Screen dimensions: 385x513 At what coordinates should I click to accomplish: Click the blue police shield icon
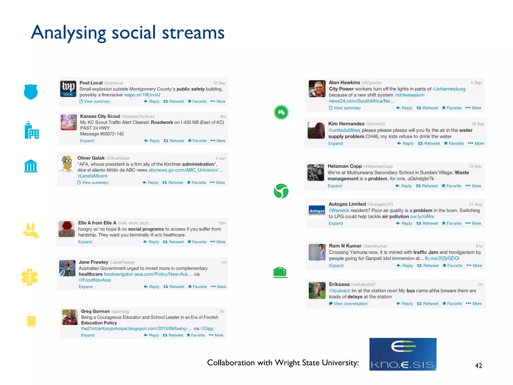pyautogui.click(x=31, y=92)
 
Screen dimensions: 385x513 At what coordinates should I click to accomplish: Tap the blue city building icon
pyautogui.click(x=32, y=130)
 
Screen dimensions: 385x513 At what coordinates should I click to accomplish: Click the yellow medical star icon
pyautogui.click(x=30, y=277)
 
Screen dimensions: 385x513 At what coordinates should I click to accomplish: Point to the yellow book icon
pyautogui.click(x=31, y=321)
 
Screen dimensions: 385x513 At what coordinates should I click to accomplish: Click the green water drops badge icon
pyautogui.click(x=281, y=112)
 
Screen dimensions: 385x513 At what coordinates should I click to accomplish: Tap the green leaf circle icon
pyautogui.click(x=281, y=191)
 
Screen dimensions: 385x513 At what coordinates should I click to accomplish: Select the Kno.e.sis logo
pyautogui.click(x=403, y=354)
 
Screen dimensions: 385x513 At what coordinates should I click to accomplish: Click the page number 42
pyautogui.click(x=478, y=366)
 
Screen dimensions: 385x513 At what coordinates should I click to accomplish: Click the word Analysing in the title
pyautogui.click(x=68, y=33)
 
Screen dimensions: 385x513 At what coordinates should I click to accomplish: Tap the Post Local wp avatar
pyautogui.click(x=68, y=89)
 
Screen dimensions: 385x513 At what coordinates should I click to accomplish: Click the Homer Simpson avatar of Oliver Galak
pyautogui.click(x=67, y=164)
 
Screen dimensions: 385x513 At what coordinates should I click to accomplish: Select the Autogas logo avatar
pyautogui.click(x=317, y=211)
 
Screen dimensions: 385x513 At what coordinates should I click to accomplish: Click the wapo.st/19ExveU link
pyautogui.click(x=142, y=95)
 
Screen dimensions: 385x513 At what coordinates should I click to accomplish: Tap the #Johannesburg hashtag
pyautogui.click(x=449, y=89)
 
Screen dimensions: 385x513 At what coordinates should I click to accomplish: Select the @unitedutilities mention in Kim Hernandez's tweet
pyautogui.click(x=344, y=130)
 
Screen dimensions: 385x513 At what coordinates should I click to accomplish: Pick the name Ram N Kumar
pyautogui.click(x=345, y=246)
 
